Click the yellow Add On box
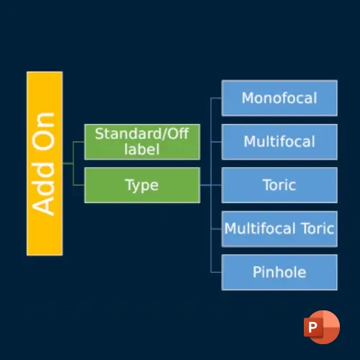(45, 163)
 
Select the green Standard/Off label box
(142, 142)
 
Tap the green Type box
(142, 185)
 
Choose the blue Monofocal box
(279, 98)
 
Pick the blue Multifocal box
(279, 142)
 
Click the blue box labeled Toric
(279, 185)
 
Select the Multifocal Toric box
(279, 229)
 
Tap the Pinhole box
(279, 272)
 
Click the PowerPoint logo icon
(322, 327)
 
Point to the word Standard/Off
(142, 134)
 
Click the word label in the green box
(142, 149)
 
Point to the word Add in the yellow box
(43, 189)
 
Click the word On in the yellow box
(43, 131)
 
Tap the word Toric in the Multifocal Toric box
(318, 228)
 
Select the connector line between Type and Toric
(211, 185)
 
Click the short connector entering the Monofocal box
(216, 98)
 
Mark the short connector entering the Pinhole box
(216, 272)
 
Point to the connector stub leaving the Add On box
(68, 163)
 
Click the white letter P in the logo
(312, 327)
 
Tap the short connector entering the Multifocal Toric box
(216, 229)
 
